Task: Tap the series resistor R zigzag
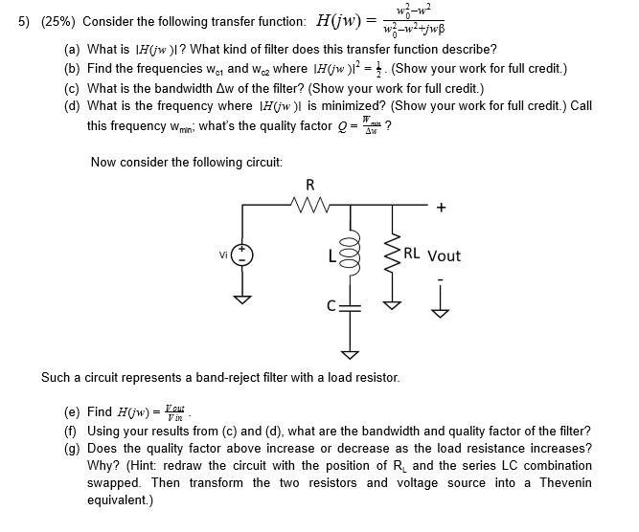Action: (309, 203)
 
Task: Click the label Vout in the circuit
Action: (444, 255)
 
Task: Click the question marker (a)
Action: (72, 48)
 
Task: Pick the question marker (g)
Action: (72, 448)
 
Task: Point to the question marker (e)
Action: (72, 412)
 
